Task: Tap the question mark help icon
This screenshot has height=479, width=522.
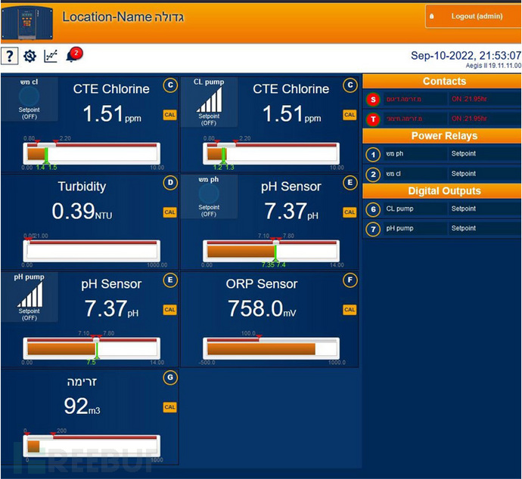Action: (9, 55)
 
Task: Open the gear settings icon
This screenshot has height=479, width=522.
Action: (30, 55)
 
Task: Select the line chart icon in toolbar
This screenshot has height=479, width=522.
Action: (51, 55)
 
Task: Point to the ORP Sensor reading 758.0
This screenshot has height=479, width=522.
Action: (255, 308)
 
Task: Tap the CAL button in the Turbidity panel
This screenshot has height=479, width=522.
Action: (169, 212)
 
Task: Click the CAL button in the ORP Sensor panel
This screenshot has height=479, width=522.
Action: (350, 310)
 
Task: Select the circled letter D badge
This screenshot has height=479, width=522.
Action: (170, 183)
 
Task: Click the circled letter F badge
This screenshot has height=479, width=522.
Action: (350, 280)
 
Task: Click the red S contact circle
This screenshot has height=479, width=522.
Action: (372, 100)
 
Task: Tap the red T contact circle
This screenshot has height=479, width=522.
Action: (372, 119)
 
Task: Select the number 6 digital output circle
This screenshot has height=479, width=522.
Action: (372, 209)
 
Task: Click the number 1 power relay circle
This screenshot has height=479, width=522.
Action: (372, 154)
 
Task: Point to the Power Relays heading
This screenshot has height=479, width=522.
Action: (444, 136)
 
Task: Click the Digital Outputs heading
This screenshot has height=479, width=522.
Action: (444, 191)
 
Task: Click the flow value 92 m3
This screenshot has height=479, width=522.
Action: (76, 406)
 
